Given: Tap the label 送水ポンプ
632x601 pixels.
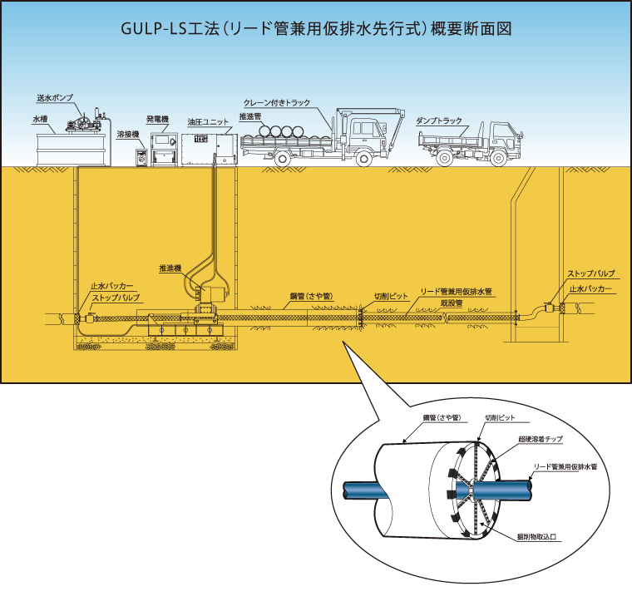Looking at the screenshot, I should click(x=55, y=98).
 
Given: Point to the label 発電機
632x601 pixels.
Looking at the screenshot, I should click(x=157, y=121).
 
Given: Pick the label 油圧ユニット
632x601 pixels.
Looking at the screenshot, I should click(x=206, y=121).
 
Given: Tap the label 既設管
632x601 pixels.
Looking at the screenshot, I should click(x=452, y=303).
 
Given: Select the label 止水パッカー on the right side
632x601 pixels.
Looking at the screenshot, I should click(x=591, y=288).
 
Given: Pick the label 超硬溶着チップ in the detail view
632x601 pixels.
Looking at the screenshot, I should click(x=540, y=436).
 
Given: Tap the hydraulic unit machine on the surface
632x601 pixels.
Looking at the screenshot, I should click(x=207, y=146).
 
